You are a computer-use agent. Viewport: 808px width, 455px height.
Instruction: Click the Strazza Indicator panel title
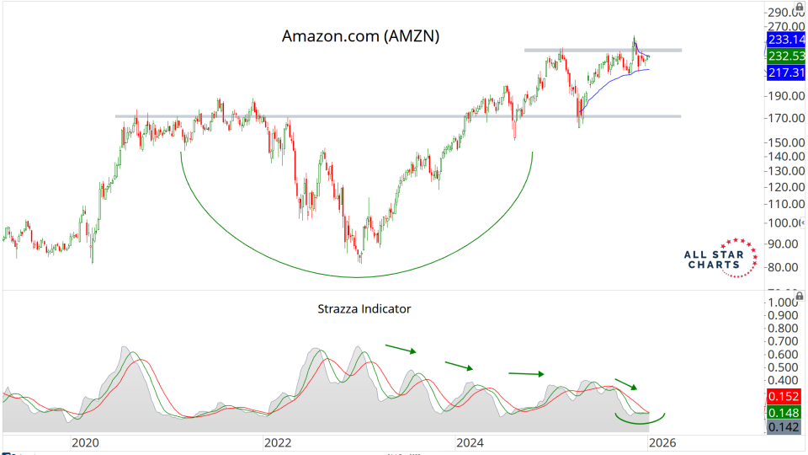click(x=365, y=308)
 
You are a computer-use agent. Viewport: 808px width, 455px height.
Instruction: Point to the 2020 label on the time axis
click(x=86, y=442)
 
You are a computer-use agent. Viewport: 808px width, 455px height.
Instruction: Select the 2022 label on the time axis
click(x=277, y=442)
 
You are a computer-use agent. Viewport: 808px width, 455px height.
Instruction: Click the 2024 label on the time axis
click(x=469, y=442)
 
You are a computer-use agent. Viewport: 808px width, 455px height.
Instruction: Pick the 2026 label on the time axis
click(x=662, y=442)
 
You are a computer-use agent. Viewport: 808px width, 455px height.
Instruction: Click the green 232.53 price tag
click(x=785, y=56)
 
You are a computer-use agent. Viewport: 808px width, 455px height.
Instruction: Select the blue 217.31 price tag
click(x=785, y=73)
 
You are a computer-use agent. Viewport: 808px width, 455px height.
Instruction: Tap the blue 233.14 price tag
click(x=785, y=40)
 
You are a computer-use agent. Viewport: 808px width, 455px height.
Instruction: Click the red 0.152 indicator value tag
click(x=785, y=396)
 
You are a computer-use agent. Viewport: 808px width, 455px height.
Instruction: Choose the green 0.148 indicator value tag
click(x=785, y=412)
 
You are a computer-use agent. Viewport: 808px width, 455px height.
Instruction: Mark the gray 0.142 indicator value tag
click(x=785, y=428)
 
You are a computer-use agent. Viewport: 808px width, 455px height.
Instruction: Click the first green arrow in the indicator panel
click(x=401, y=348)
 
